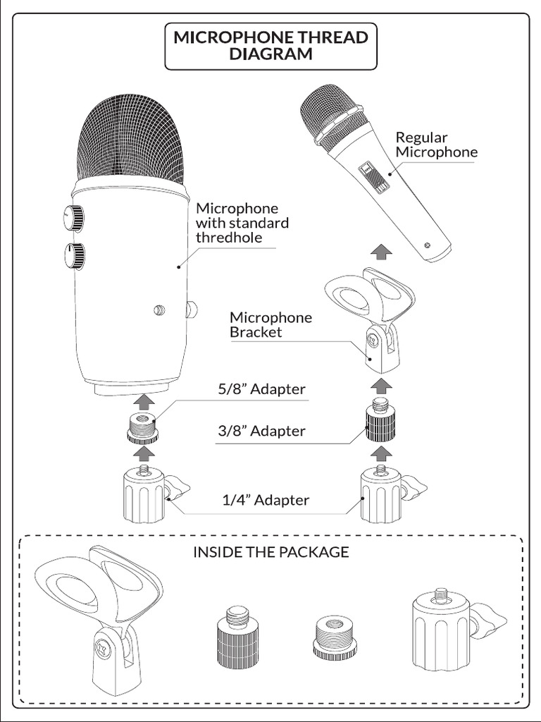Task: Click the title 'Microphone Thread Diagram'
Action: [x=270, y=46]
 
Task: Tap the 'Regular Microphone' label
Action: [x=435, y=145]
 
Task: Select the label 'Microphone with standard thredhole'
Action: [x=242, y=223]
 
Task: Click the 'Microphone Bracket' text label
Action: [x=270, y=324]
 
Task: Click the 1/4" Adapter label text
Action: [x=266, y=500]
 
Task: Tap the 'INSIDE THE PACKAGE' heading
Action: [x=270, y=552]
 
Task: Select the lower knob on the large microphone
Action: [x=73, y=255]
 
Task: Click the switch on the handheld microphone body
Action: [x=369, y=176]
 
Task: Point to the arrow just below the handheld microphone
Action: [x=380, y=251]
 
